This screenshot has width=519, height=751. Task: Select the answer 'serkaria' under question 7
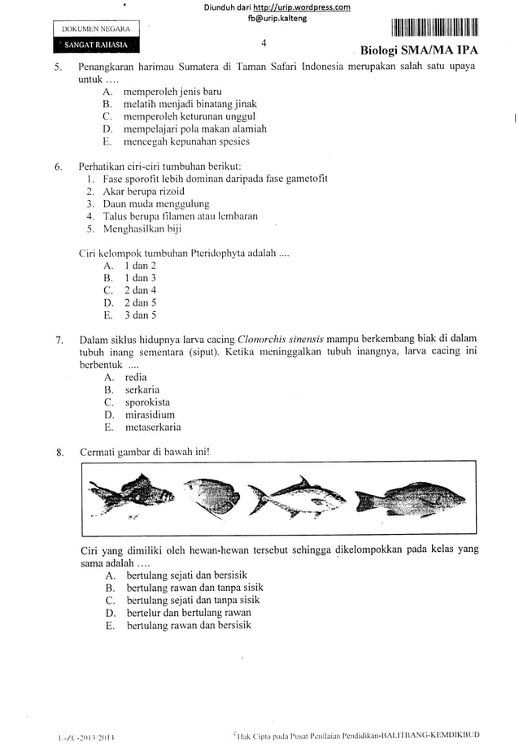point(142,389)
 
